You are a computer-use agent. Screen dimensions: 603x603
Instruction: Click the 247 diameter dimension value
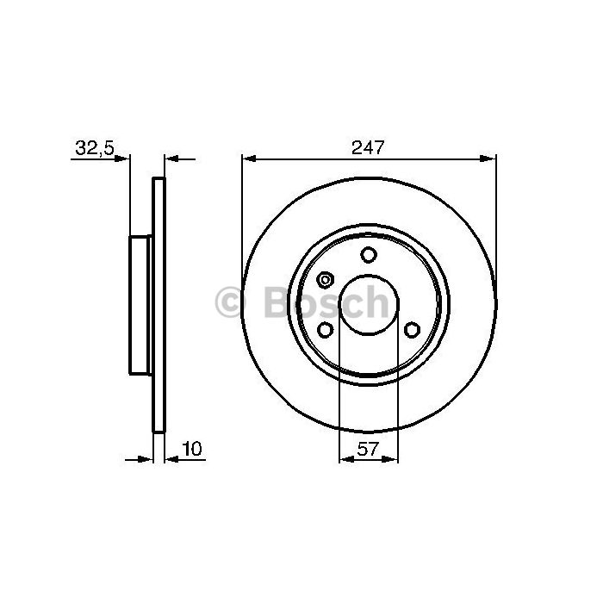click(x=368, y=147)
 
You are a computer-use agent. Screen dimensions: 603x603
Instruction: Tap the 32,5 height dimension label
click(x=95, y=147)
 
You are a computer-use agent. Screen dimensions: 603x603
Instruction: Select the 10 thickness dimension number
click(x=192, y=449)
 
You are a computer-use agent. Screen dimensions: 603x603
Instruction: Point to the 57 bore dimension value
click(x=368, y=449)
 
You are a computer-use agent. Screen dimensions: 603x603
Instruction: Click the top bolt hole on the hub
click(x=369, y=255)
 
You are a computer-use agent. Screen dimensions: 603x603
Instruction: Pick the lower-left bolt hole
click(x=326, y=330)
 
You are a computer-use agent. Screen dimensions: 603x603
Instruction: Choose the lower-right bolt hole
click(x=412, y=330)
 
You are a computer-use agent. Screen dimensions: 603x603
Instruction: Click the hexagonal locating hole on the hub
click(x=326, y=280)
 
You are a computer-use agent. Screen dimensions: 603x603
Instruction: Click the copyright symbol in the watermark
click(x=230, y=301)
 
